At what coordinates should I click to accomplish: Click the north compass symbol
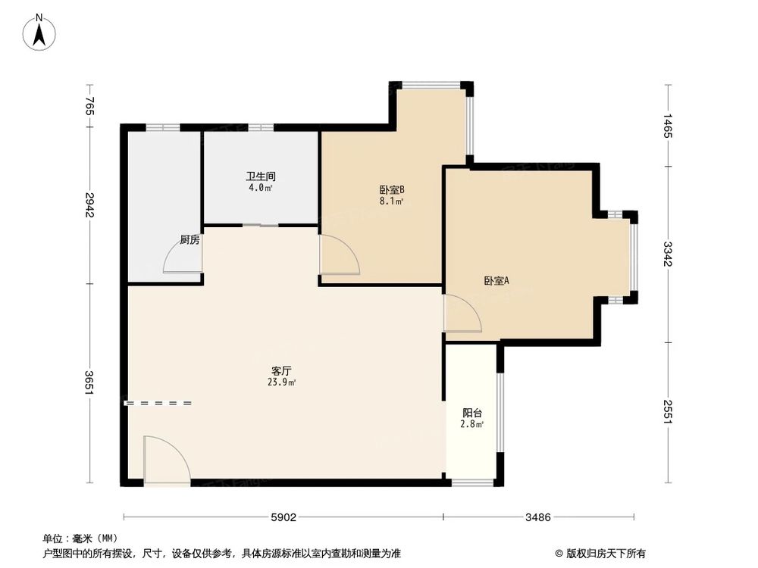click(39, 33)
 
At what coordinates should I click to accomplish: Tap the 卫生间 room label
click(259, 176)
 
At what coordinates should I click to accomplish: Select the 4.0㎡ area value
click(259, 189)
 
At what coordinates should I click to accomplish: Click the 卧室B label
click(391, 189)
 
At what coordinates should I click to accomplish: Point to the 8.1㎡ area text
click(391, 201)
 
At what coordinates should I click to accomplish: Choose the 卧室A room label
click(496, 280)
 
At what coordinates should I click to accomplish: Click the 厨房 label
click(189, 240)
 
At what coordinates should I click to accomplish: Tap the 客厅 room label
click(282, 370)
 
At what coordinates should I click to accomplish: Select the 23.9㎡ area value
click(282, 382)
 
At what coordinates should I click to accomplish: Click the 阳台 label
click(472, 413)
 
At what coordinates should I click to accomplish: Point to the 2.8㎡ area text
click(472, 424)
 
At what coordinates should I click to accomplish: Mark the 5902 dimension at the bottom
click(283, 518)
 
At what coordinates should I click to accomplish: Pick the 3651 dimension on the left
click(89, 382)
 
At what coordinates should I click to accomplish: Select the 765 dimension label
click(89, 107)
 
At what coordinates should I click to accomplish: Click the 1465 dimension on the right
click(668, 126)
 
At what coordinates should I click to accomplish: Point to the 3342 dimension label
click(668, 254)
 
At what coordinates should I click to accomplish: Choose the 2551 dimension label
click(668, 411)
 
